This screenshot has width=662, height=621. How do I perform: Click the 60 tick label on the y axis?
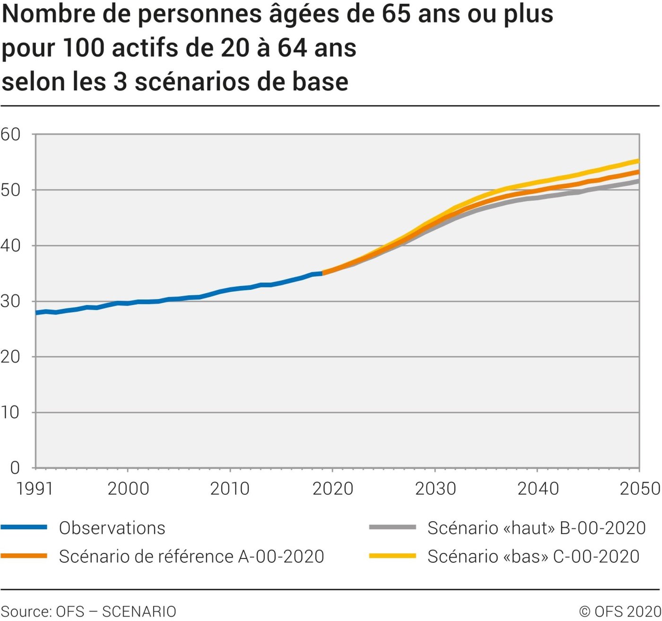point(10,134)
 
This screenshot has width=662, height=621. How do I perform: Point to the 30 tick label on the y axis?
point(10,301)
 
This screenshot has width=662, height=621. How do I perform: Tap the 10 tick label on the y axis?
point(10,412)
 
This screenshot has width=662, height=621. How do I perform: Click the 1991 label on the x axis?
point(35,489)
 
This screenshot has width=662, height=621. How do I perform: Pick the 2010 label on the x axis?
point(230,489)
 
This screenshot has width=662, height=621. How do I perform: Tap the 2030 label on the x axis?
point(435,489)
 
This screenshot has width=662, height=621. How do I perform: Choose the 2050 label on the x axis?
point(640,489)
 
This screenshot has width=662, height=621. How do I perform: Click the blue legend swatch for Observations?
point(24,527)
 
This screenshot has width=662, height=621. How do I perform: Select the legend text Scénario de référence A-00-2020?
point(192,556)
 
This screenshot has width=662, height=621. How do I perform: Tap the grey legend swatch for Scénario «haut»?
point(392,527)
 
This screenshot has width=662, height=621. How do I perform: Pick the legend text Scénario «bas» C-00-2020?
point(533,556)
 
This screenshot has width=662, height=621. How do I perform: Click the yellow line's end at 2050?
point(639,161)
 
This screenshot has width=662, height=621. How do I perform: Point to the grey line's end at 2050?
point(639,181)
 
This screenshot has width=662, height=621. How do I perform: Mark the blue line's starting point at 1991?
point(36,313)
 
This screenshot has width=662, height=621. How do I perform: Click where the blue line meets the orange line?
point(322,273)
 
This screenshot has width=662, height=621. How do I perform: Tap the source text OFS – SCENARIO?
point(116,612)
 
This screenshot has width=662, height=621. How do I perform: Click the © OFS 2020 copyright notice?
point(620,612)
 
